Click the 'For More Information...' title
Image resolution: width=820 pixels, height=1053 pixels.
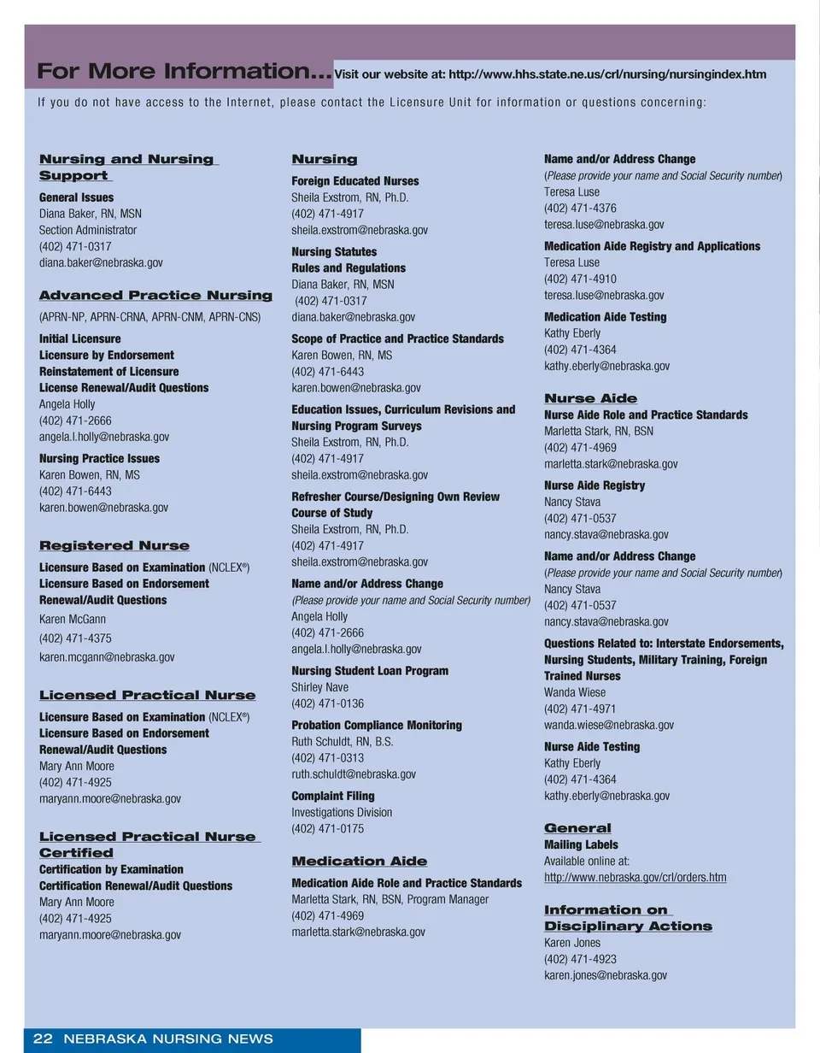[184, 72]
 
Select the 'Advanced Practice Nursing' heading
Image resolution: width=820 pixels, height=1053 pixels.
[155, 296]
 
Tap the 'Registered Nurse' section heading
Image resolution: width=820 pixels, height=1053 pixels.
[114, 545]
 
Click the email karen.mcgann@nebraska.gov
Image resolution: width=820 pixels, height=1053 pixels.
[107, 657]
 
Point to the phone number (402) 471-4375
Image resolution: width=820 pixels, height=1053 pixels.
[75, 638]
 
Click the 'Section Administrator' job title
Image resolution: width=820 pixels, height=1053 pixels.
[88, 230]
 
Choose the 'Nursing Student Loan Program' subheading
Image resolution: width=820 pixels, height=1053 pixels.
[370, 671]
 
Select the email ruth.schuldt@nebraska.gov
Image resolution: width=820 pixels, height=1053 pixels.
[354, 774]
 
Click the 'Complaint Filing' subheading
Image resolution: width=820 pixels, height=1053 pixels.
[333, 796]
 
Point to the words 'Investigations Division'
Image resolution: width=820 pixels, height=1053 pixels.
[342, 812]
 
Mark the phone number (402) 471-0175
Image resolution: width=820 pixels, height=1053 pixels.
[327, 828]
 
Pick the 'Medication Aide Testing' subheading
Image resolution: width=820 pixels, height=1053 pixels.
[605, 317]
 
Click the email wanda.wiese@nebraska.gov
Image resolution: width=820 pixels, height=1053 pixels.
[609, 725]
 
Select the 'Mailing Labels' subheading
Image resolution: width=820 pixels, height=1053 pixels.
[581, 844]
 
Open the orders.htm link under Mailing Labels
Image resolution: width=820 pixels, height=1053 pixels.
[635, 878]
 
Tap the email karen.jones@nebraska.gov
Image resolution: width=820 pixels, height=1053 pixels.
[606, 975]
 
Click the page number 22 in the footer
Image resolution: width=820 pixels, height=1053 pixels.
[43, 1039]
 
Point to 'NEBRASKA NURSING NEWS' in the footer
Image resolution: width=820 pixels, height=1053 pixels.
[168, 1039]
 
